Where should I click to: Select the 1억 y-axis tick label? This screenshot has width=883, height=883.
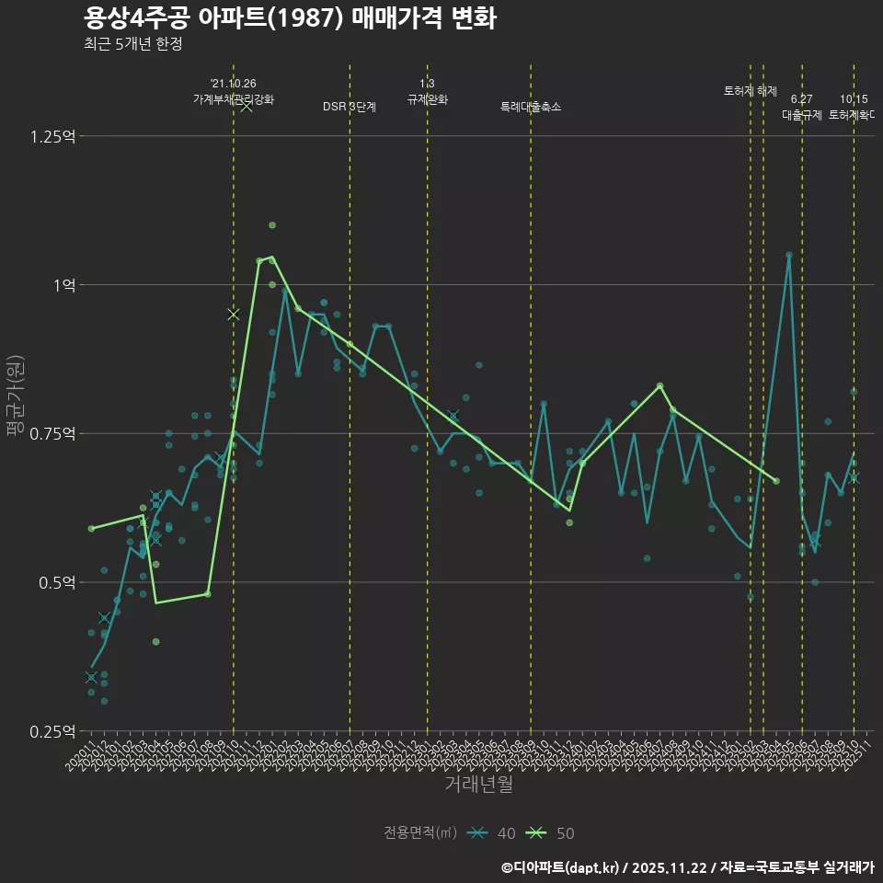click(x=64, y=285)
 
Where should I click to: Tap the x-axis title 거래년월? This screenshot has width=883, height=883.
click(x=478, y=784)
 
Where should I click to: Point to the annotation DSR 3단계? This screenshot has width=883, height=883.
click(x=350, y=107)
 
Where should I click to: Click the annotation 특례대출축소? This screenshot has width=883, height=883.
click(x=531, y=107)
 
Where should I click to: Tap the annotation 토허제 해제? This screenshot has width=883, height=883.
click(x=751, y=91)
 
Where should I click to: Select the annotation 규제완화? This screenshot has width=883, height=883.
click(x=427, y=99)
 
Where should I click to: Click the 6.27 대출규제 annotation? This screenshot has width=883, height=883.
click(x=802, y=107)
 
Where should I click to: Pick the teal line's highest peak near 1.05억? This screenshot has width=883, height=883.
click(x=789, y=255)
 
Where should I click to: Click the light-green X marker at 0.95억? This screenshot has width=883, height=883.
click(x=234, y=315)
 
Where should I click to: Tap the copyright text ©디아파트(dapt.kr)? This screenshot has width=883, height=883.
click(x=561, y=867)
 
